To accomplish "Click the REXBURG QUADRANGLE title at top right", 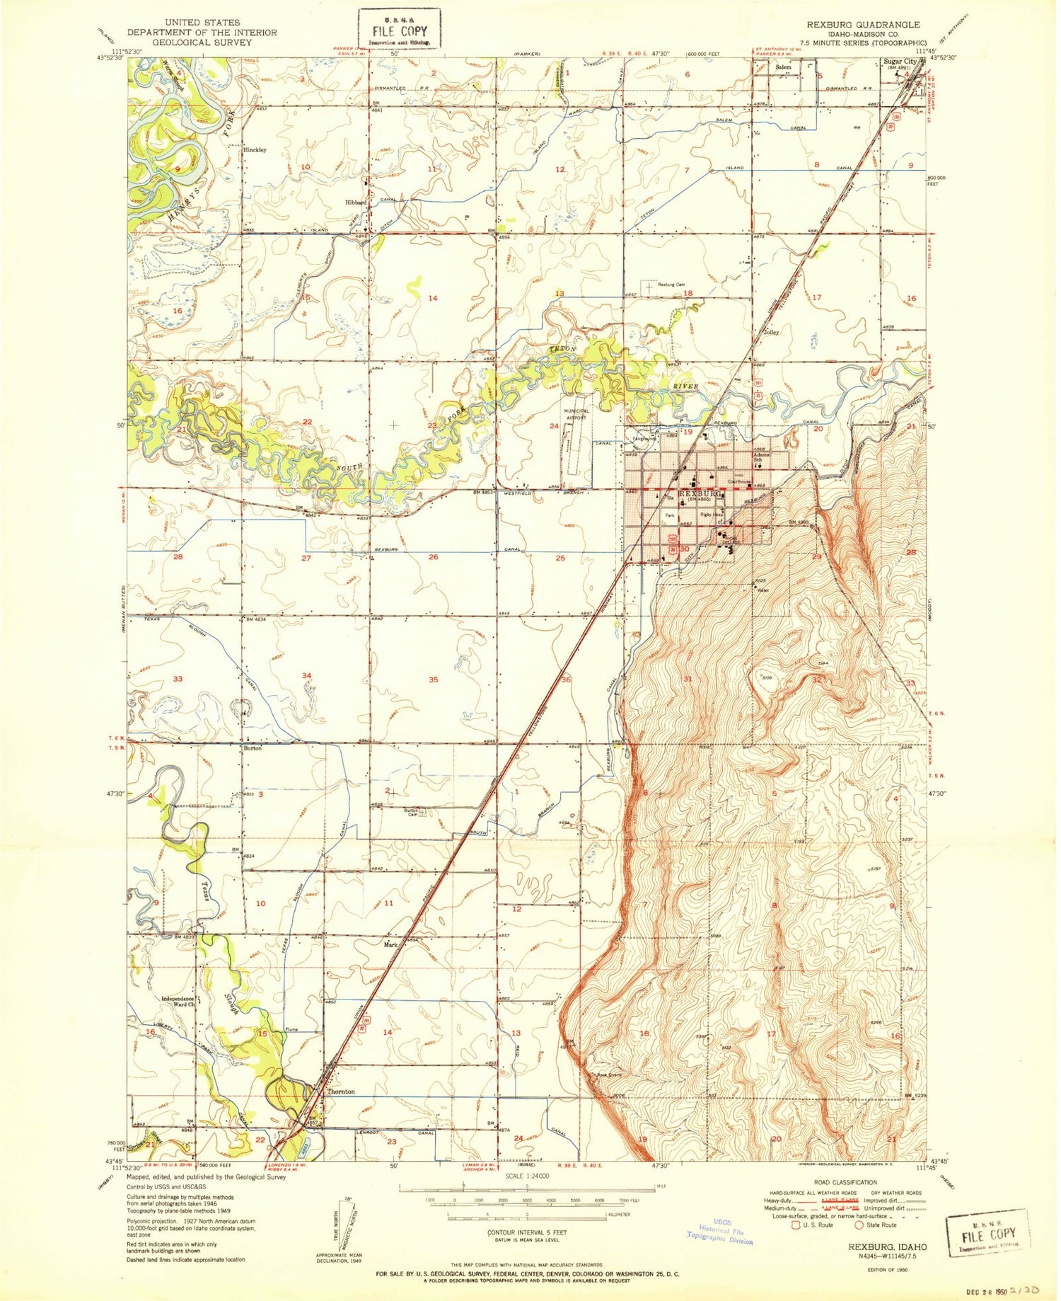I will click(863, 24).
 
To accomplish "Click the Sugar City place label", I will click(900, 62).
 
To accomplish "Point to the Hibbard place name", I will click(355, 202).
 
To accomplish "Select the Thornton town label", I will click(341, 1091).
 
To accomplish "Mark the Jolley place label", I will click(770, 331).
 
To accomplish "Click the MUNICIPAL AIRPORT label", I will click(576, 415).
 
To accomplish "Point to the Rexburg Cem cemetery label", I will click(671, 285).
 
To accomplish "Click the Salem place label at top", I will click(782, 67).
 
